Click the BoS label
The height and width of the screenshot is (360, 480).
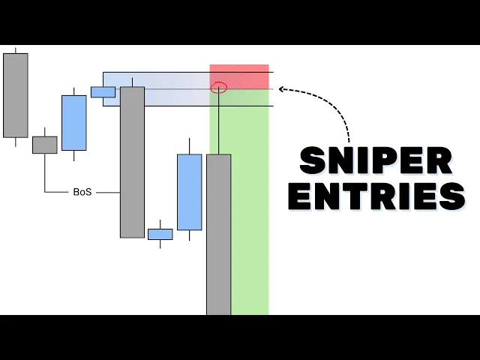coord(82,192)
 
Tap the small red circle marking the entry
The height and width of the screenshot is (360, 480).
coord(219,88)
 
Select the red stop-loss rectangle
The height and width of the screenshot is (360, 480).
coord(238,76)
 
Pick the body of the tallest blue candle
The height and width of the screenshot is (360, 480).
coord(189,192)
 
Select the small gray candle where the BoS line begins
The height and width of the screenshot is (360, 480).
coord(44,145)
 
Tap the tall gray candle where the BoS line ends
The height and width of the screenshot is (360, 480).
coord(132,162)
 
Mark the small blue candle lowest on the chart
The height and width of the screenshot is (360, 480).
coord(160,234)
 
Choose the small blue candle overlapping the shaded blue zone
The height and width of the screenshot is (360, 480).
coord(103,91)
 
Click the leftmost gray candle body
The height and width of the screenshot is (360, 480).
coord(15,95)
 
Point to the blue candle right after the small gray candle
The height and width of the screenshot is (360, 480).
coord(73,123)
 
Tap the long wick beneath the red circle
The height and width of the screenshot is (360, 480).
coord(219,124)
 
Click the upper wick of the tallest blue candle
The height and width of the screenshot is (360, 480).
coord(189,146)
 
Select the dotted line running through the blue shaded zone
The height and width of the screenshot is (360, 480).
coord(172,89)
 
